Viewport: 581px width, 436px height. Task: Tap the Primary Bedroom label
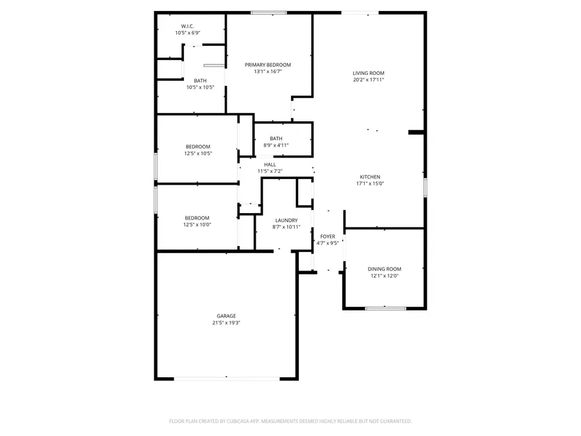click(x=267, y=65)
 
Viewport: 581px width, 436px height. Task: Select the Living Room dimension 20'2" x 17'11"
click(x=369, y=80)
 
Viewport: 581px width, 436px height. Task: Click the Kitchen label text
click(x=370, y=176)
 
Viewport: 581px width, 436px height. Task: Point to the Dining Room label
click(x=385, y=269)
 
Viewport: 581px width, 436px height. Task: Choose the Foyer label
click(x=328, y=236)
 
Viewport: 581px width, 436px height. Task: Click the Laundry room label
click(x=286, y=220)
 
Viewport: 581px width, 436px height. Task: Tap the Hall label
click(x=270, y=164)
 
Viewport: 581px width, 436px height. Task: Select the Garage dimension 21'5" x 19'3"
click(x=226, y=323)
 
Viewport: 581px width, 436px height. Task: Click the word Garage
click(x=226, y=316)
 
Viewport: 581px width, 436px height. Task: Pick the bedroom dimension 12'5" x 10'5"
click(x=198, y=154)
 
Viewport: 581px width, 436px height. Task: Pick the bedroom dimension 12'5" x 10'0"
click(x=198, y=225)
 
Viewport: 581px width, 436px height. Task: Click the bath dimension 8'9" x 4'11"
click(x=276, y=145)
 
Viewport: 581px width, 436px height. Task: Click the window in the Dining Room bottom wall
click(x=385, y=308)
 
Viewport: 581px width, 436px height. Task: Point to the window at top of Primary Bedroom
click(x=269, y=12)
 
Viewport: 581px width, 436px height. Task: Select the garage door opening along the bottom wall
click(x=226, y=379)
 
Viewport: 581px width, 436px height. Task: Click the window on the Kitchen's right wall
click(x=425, y=187)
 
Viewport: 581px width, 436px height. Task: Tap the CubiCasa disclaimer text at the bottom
click(x=290, y=421)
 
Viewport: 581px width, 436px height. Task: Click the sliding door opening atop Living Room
click(x=360, y=12)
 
